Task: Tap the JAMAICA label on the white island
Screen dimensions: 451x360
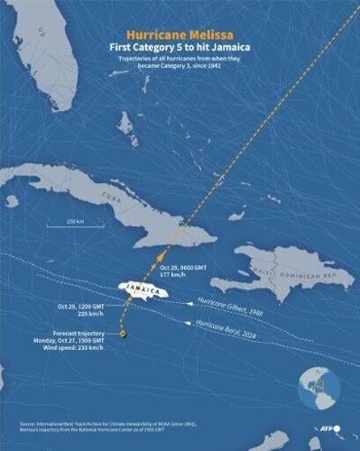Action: [144, 290]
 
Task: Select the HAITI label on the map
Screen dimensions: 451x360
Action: [259, 269]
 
